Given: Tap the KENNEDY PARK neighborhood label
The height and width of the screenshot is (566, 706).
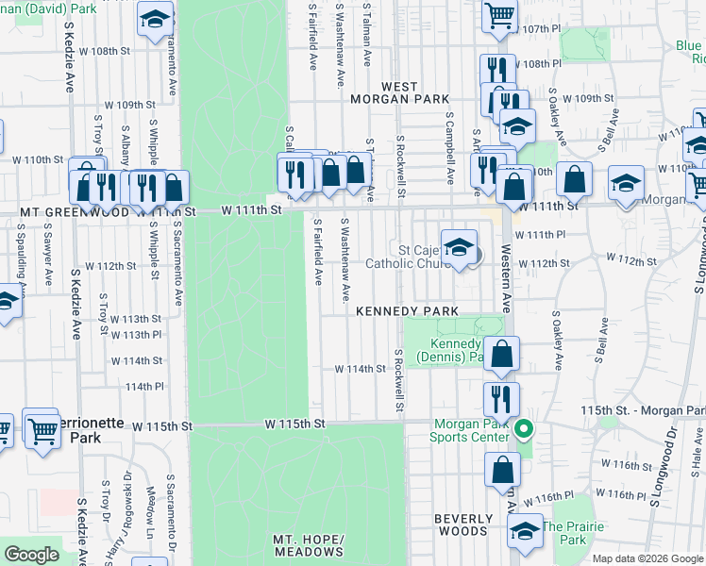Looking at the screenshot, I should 407,310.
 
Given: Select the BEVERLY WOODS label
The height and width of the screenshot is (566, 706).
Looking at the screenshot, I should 463,524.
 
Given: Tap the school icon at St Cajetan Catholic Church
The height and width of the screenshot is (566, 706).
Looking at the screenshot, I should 459,248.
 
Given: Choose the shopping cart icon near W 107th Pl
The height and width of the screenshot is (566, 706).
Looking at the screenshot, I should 498,14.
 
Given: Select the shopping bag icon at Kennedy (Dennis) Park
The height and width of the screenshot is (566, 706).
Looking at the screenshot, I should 503,355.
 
